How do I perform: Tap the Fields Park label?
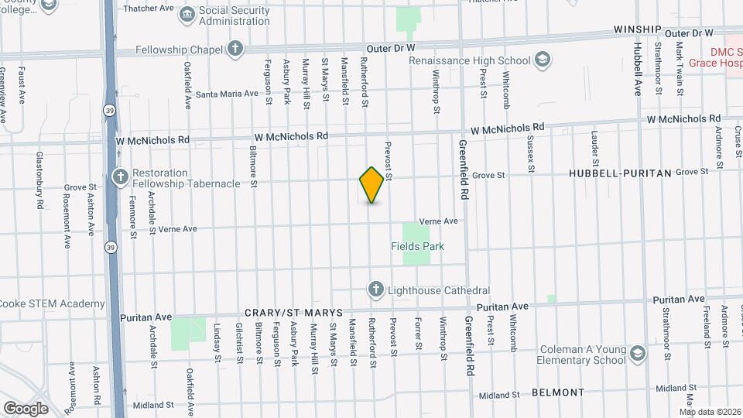[417, 246]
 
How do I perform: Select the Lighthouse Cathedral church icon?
[375, 290]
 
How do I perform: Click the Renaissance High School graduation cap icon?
[543, 60]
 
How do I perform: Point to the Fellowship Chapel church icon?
[235, 50]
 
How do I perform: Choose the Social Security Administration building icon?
[187, 15]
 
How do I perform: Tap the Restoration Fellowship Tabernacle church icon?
[120, 177]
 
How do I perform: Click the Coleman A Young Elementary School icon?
[638, 354]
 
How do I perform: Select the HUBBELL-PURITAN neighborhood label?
[620, 174]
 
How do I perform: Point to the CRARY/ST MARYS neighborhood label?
[293, 312]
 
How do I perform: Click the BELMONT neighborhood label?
[558, 392]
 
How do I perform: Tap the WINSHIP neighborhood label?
[638, 29]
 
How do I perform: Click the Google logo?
[25, 408]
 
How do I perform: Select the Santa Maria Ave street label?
[227, 94]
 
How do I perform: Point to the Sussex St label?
[531, 152]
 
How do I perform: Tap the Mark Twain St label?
[679, 70]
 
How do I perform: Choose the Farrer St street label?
[418, 334]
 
